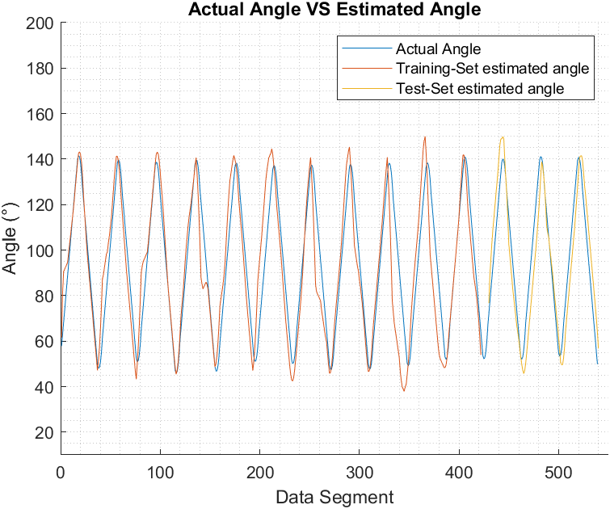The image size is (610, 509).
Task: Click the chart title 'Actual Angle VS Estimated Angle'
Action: (x=334, y=10)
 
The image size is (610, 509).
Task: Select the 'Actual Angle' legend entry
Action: (x=438, y=49)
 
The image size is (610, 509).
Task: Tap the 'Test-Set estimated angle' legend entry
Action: (x=480, y=88)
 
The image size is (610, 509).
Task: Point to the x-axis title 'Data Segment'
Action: (x=334, y=497)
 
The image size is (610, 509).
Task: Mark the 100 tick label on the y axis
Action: (x=40, y=250)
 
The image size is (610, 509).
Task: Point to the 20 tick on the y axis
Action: (x=45, y=432)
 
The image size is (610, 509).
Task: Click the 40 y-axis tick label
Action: (x=45, y=387)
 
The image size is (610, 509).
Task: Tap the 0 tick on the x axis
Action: (x=61, y=471)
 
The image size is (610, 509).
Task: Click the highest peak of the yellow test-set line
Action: (x=503, y=137)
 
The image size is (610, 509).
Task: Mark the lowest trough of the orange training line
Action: (x=404, y=390)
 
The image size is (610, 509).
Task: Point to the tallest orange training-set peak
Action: (x=424, y=137)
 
